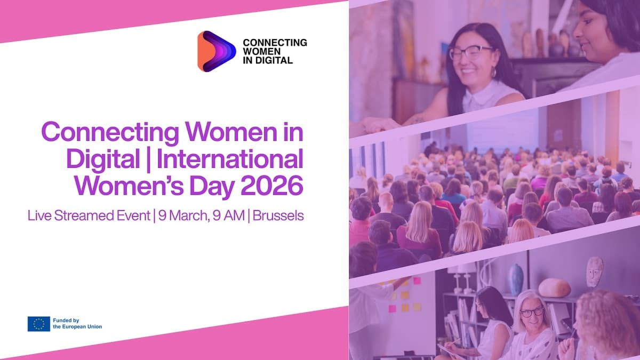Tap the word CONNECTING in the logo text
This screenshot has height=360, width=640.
tap(275, 43)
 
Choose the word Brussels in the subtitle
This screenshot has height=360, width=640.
tap(278, 217)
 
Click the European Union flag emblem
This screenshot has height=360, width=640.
tap(38, 324)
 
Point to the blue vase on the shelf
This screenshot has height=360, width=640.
tap(516, 279)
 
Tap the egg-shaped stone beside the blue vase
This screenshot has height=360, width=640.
tap(554, 287)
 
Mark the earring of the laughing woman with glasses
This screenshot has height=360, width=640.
tap(493, 73)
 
